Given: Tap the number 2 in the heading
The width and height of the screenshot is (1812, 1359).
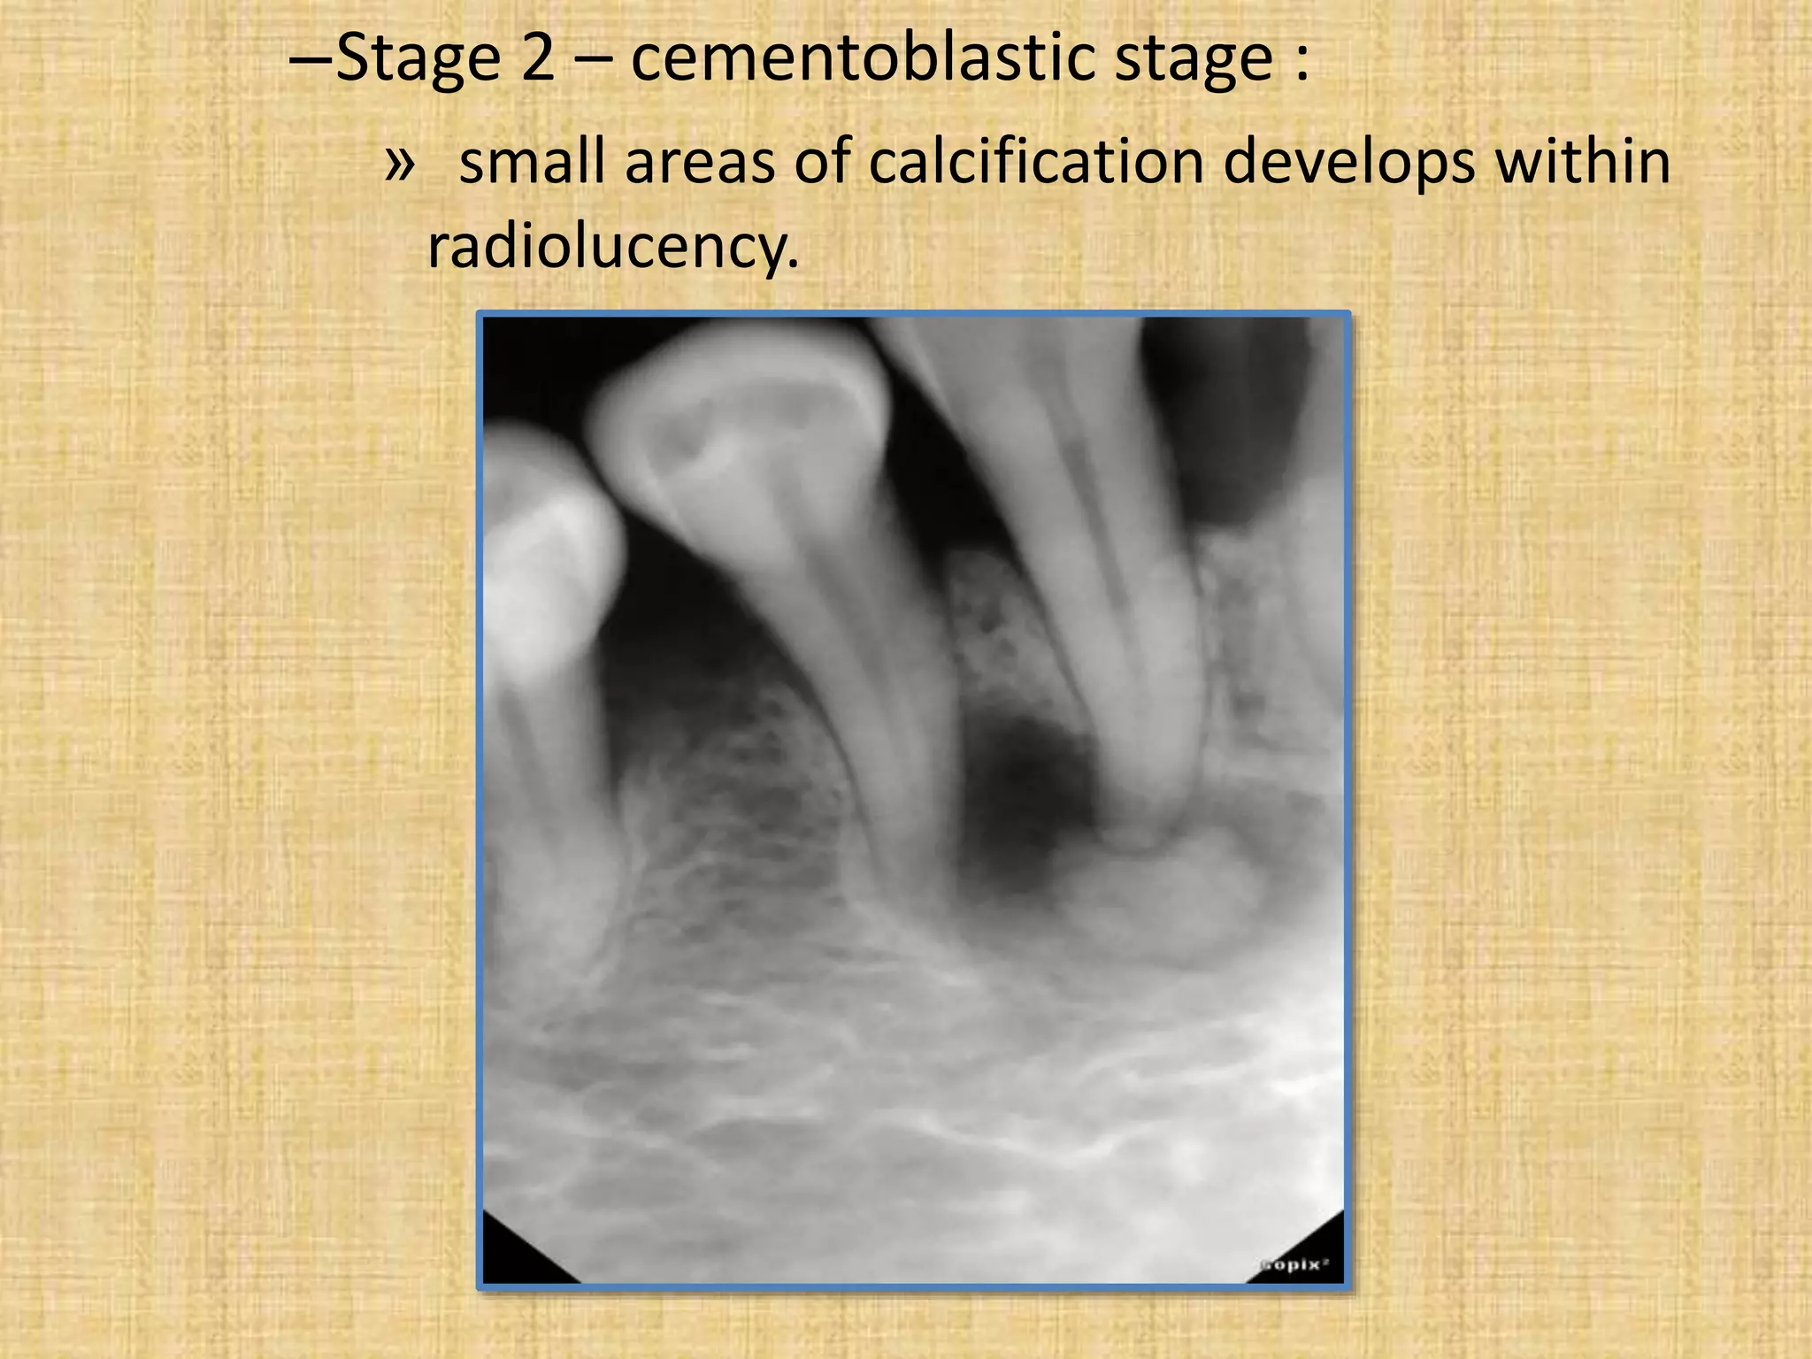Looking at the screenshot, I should pos(538,58).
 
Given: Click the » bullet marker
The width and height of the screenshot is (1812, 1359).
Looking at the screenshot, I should pos(399,163).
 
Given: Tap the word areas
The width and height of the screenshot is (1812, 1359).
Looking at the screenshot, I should pos(700,165).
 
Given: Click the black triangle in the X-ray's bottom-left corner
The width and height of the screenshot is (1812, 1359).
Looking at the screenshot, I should pos(518,1256).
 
